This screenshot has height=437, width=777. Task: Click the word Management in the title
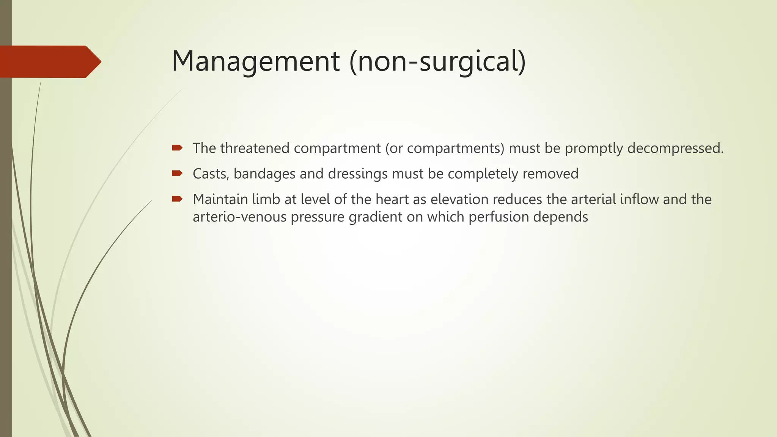(x=256, y=61)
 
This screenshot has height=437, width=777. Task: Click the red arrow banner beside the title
(x=49, y=61)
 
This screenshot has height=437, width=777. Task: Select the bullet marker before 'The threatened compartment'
(x=177, y=148)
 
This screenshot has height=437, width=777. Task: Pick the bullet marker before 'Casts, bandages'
(x=177, y=174)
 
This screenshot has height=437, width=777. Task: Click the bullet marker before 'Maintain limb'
(x=177, y=199)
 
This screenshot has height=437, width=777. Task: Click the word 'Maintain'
(x=220, y=199)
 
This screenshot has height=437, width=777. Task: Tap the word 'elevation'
(x=459, y=199)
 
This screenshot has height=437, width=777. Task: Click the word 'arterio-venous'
(x=240, y=217)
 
